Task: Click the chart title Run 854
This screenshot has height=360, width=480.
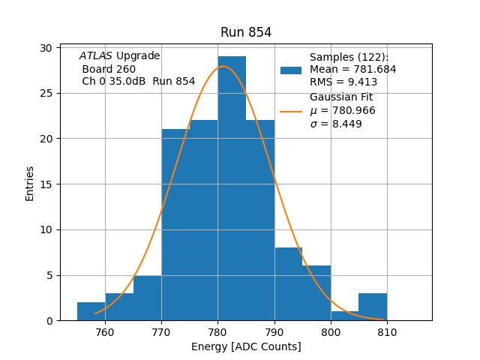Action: click(246, 32)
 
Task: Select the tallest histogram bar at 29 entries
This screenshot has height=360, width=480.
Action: click(232, 187)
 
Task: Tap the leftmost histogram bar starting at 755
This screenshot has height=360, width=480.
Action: click(91, 311)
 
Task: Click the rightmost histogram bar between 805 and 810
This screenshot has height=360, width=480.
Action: click(373, 307)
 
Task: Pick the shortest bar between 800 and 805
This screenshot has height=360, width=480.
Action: click(344, 316)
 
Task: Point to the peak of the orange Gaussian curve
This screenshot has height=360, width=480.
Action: click(223, 67)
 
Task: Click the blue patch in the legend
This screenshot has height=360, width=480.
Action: click(291, 70)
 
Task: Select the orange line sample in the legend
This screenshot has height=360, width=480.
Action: click(291, 111)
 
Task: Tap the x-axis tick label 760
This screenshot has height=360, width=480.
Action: click(105, 332)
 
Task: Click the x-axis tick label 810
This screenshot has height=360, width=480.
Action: click(387, 332)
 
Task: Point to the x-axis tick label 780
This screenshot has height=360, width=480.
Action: click(217, 332)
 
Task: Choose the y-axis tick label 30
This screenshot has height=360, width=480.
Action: click(46, 48)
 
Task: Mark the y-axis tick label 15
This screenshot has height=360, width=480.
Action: click(46, 184)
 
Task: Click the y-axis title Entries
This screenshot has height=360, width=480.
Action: click(30, 184)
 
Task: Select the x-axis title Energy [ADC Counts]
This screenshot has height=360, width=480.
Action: click(246, 346)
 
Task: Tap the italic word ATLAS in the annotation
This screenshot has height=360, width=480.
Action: click(96, 56)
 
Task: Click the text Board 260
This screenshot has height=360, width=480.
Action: click(109, 69)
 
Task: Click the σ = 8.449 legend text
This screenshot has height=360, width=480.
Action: click(336, 124)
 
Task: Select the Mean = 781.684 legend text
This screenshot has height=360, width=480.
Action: click(352, 70)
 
